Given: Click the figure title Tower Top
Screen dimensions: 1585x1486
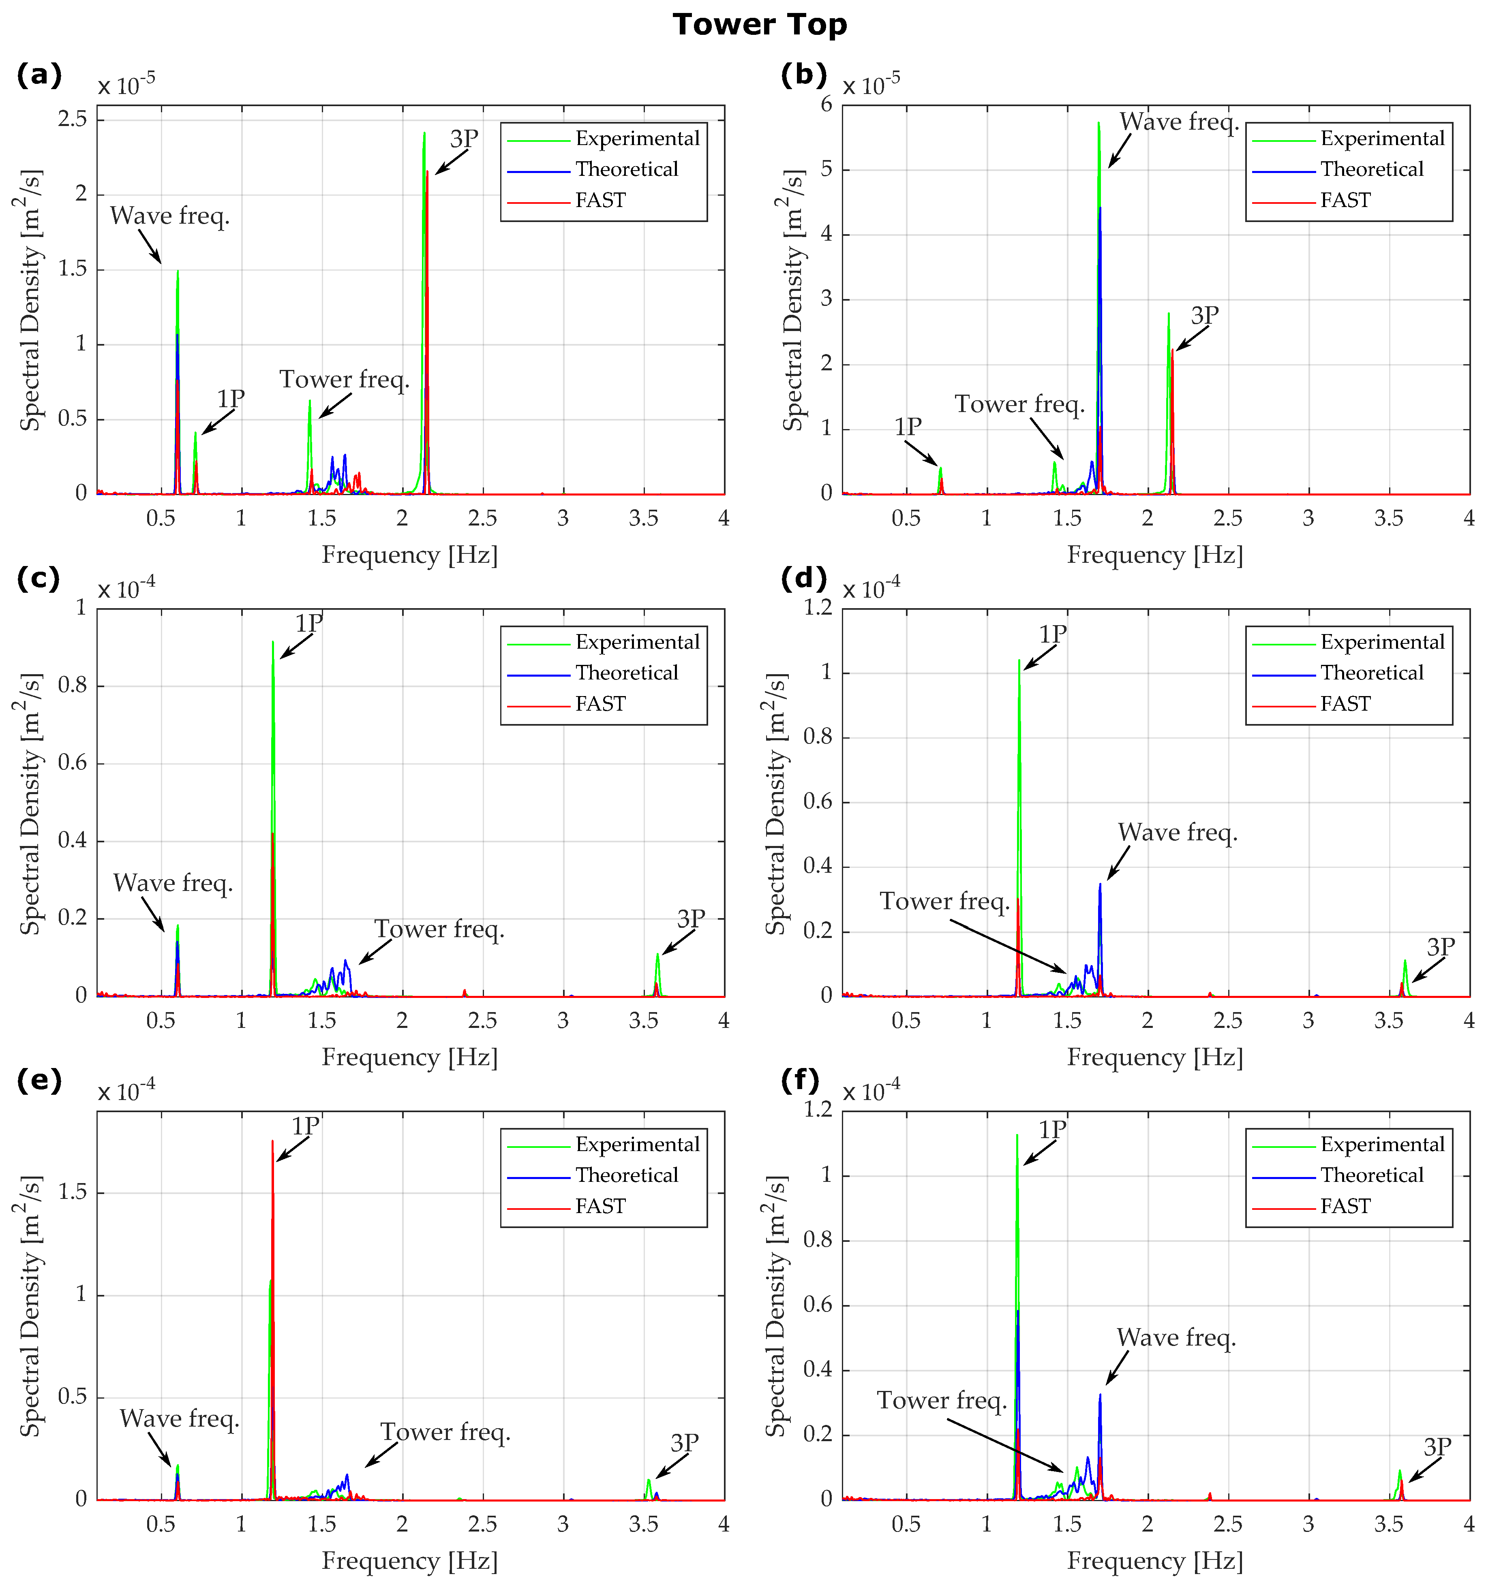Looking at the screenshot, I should pos(759,25).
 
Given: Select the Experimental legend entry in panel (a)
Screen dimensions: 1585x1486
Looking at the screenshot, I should pos(636,139).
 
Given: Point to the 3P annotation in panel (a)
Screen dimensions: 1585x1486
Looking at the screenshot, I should pos(463,139).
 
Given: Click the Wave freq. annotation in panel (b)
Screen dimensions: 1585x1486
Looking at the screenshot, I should pos(1179,122).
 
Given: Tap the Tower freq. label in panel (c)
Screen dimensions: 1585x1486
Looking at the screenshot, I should pos(439,929).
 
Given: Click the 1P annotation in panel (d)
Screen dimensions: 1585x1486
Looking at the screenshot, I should pos(1052,634).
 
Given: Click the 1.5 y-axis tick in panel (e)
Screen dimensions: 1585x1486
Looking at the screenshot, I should pos(73,1193).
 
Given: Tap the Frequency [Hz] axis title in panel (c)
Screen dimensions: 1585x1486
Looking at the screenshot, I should pos(409,1058).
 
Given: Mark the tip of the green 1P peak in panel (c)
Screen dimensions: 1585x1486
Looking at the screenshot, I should pos(273,642).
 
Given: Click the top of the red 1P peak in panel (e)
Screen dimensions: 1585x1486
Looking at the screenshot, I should pos(272,1141).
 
